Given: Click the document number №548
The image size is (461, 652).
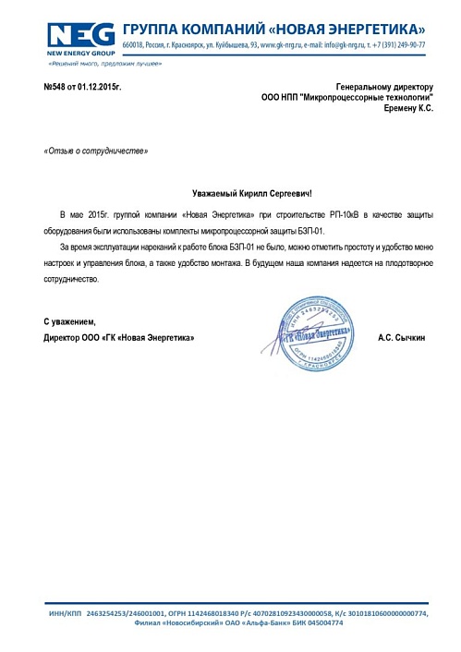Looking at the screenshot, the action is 57,86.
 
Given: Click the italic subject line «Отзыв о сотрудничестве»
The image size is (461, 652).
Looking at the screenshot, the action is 95,151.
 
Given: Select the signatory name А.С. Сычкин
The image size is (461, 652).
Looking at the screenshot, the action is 402,338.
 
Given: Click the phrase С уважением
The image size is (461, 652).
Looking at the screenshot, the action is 70,321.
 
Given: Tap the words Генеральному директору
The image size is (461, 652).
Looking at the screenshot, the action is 384,86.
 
